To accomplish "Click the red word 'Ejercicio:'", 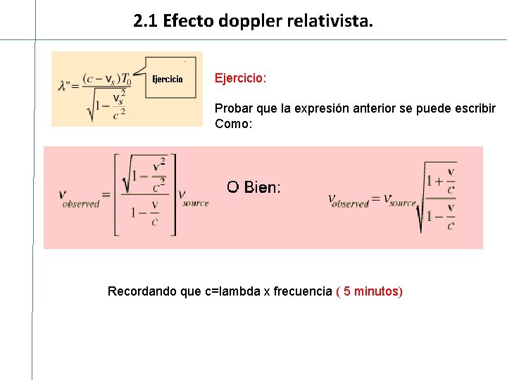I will pos(240,78).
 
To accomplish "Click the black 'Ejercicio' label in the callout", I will pos(168,79).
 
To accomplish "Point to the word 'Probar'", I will pos(232,109).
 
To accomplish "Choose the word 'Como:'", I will pos(233,124).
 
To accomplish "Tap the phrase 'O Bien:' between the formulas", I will pos(254,187).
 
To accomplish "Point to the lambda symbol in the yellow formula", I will pos(64,86).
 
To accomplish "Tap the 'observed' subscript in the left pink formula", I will pos(82,204).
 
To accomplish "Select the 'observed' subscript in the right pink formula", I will pos(351,204).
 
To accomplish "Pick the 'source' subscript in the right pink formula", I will pos(403,203).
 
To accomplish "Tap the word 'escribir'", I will pos(475,109).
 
